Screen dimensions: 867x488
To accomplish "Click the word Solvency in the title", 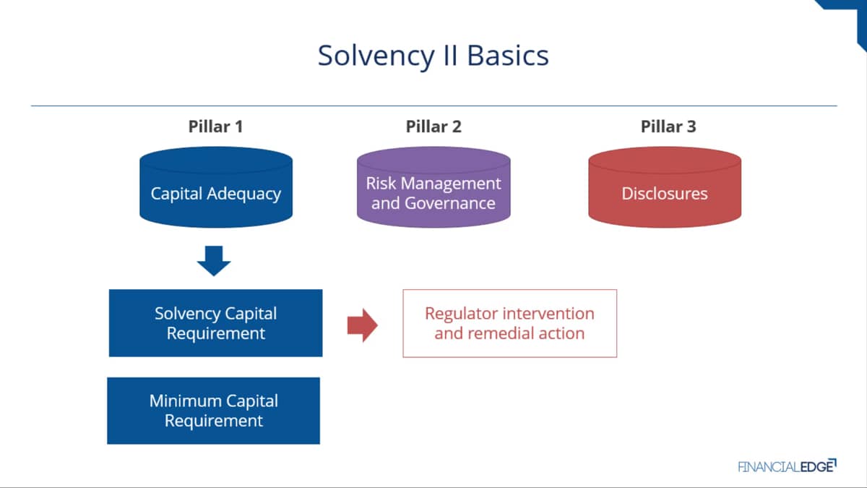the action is tap(376, 56).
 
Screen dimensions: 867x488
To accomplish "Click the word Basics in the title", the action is tap(508, 56).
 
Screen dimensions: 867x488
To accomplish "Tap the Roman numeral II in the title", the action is tap(451, 56).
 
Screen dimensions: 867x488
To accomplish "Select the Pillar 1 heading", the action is tap(215, 127).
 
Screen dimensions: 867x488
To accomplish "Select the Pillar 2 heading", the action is tap(433, 127).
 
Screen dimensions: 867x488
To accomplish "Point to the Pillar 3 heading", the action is tap(668, 127).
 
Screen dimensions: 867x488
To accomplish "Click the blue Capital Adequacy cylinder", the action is tap(216, 187).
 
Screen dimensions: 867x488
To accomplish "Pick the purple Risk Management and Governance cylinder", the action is tap(433, 187).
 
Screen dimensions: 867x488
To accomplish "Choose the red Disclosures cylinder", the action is tap(665, 187).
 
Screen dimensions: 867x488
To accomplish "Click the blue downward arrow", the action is tap(214, 260).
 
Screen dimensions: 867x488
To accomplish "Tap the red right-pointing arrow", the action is tap(362, 325).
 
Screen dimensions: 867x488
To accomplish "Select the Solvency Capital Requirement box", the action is tap(215, 323).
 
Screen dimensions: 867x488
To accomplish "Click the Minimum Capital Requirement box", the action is tap(214, 411).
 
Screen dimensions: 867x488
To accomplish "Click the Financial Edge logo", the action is tap(788, 466).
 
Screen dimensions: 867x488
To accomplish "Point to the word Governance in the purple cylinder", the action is tap(449, 203).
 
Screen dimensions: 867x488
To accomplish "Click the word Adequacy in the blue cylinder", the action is tap(243, 194).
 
